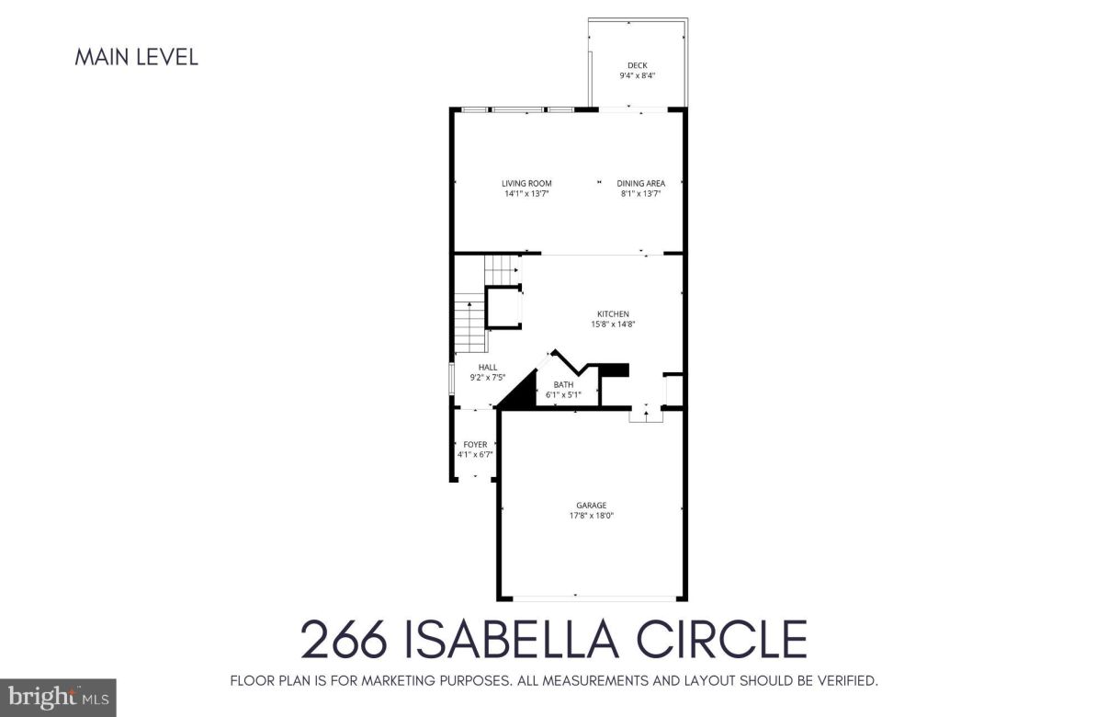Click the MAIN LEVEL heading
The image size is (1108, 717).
tap(136, 57)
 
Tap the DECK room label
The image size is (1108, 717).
tap(637, 65)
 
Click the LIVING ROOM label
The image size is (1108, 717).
tap(526, 184)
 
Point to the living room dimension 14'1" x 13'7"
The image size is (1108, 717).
tap(526, 194)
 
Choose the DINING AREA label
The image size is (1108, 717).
tap(640, 184)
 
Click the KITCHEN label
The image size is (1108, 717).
tap(613, 314)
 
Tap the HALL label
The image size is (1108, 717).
tap(487, 367)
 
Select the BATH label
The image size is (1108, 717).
tap(563, 385)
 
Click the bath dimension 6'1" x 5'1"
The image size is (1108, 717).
tap(563, 395)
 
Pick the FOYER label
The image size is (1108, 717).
tap(475, 445)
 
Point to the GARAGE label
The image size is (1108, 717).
tap(591, 506)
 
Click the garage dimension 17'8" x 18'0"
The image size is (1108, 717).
tap(591, 516)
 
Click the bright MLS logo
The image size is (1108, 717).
tap(57, 698)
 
